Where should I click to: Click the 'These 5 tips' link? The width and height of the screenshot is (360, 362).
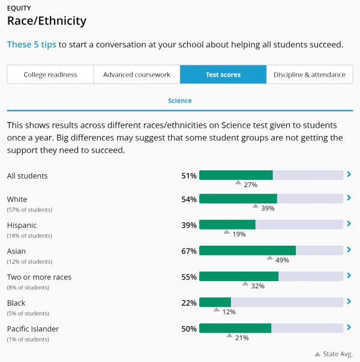pyautogui.click(x=32, y=44)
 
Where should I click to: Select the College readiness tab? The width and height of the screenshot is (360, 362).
pyautogui.click(x=50, y=74)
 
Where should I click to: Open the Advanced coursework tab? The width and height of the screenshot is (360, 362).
pyautogui.click(x=137, y=74)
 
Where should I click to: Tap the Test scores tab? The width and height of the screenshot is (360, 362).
pyautogui.click(x=223, y=74)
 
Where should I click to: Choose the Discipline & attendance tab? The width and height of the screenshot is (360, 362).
pyautogui.click(x=310, y=74)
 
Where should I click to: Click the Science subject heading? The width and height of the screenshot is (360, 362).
pyautogui.click(x=180, y=101)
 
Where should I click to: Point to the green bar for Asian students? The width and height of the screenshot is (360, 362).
pyautogui.click(x=247, y=251)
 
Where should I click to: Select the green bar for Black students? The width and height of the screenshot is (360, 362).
pyautogui.click(x=215, y=302)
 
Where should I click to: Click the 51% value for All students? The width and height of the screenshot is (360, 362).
pyautogui.click(x=189, y=176)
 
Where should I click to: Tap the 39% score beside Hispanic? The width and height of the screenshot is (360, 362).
pyautogui.click(x=189, y=225)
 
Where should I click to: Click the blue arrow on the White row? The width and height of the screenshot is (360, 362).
pyautogui.click(x=349, y=198)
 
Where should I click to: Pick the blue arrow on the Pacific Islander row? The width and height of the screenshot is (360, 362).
pyautogui.click(x=349, y=327)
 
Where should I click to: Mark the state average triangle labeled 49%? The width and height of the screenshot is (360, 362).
pyautogui.click(x=269, y=258)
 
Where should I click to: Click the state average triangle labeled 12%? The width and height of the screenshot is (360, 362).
pyautogui.click(x=216, y=309)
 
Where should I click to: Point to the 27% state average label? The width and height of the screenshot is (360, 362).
pyautogui.click(x=250, y=185)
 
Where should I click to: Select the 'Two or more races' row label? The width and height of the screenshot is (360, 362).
pyautogui.click(x=39, y=277)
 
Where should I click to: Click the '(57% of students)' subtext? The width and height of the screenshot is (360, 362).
pyautogui.click(x=29, y=210)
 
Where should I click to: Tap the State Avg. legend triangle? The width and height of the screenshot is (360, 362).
pyautogui.click(x=317, y=354)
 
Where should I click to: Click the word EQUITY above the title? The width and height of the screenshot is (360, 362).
pyautogui.click(x=19, y=8)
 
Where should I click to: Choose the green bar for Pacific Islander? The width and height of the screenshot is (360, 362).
pyautogui.click(x=235, y=328)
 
